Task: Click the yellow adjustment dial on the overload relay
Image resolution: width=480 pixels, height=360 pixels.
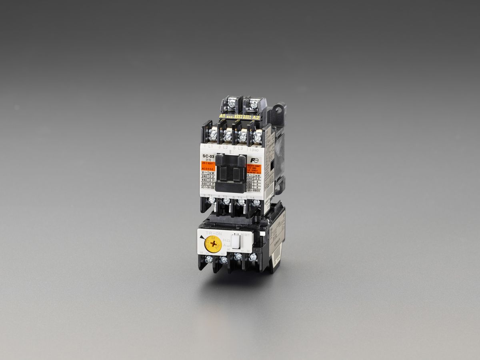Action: [x=212, y=243]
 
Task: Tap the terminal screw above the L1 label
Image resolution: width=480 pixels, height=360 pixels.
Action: [x=213, y=136]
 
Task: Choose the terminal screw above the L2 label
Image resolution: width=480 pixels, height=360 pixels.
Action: [x=227, y=136]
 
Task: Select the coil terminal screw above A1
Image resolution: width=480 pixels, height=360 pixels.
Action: [x=231, y=104]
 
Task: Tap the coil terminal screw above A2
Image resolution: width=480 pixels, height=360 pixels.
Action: [x=253, y=104]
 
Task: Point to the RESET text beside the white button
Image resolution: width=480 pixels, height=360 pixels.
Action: [x=245, y=235]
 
